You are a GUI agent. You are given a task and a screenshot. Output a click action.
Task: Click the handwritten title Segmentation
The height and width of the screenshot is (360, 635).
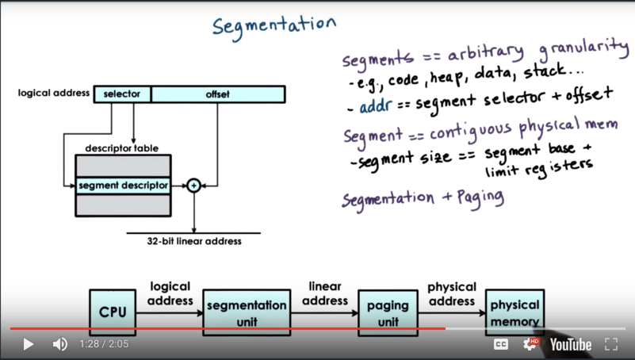[x=274, y=25]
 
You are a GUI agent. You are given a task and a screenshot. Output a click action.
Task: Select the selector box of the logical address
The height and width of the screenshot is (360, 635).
[x=122, y=94]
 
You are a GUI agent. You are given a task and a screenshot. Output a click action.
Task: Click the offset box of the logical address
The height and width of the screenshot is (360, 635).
[x=217, y=94]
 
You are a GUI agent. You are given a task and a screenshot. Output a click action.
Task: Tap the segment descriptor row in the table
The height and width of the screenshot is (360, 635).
[x=123, y=186]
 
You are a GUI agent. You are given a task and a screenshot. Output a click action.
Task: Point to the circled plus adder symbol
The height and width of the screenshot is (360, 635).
[x=193, y=186]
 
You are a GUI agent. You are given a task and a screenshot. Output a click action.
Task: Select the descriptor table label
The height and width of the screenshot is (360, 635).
[x=121, y=148]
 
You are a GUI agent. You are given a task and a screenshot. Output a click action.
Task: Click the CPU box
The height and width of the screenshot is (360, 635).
[x=112, y=312]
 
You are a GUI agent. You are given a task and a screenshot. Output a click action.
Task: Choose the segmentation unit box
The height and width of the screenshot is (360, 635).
[x=247, y=312]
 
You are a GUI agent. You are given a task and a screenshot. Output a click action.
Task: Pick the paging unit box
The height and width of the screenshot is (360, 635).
[x=388, y=312]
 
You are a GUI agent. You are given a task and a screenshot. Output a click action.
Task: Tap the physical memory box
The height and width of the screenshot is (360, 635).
[x=515, y=312]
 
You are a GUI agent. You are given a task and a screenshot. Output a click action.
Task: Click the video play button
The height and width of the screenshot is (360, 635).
[x=29, y=344]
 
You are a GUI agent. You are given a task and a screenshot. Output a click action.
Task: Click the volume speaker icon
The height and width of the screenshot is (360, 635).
[x=59, y=344]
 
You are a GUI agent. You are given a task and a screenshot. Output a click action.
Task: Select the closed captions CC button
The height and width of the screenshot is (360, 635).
[x=501, y=344]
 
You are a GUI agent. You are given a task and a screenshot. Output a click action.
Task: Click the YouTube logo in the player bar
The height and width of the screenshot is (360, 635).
[x=571, y=344]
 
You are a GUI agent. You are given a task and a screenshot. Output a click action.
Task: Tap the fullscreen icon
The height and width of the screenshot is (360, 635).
[x=611, y=344]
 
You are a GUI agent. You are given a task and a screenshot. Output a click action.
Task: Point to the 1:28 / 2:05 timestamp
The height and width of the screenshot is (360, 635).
[x=104, y=344]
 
